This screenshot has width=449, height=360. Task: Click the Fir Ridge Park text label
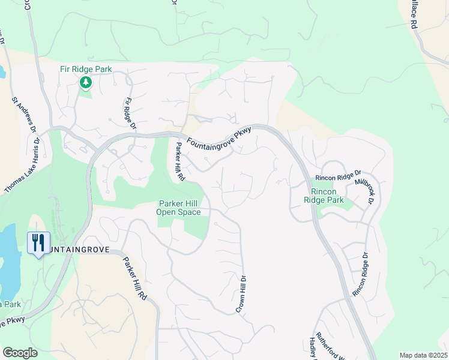pyautogui.click(x=86, y=70)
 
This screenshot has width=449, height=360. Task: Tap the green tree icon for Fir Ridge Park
pyautogui.click(x=86, y=82)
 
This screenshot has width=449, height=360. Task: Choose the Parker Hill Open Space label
pyautogui.click(x=179, y=207)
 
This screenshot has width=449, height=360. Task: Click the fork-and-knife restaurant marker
pyautogui.click(x=38, y=243)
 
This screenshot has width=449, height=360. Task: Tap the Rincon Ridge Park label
pyautogui.click(x=324, y=196)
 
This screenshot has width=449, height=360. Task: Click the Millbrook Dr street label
pyautogui.click(x=364, y=191)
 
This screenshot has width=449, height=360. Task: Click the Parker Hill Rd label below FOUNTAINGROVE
pyautogui.click(x=135, y=278)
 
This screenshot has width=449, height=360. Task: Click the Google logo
pyautogui.click(x=20, y=353)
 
